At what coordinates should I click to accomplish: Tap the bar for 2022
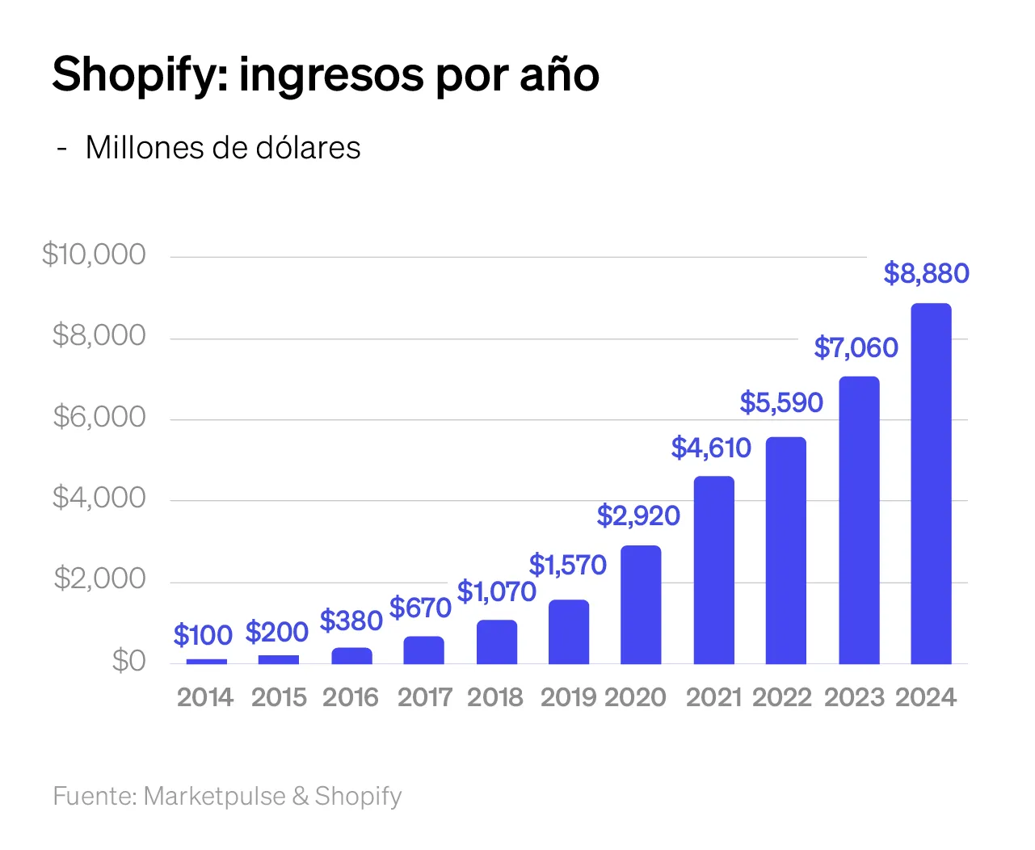click(785, 550)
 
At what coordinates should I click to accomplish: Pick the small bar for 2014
click(206, 661)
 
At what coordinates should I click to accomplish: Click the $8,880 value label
click(926, 274)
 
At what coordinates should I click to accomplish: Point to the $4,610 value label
click(711, 448)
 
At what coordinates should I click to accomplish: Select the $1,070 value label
click(497, 592)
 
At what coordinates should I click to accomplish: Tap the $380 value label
click(351, 621)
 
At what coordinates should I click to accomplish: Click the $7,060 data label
click(856, 347)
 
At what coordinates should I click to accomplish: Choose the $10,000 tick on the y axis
click(94, 255)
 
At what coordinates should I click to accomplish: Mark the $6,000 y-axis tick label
click(99, 417)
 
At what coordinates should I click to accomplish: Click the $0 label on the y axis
click(128, 661)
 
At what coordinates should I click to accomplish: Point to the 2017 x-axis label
click(425, 697)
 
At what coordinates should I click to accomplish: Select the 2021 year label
click(713, 697)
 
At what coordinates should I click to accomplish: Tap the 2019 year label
click(568, 697)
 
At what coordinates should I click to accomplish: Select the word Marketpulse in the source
click(215, 796)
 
